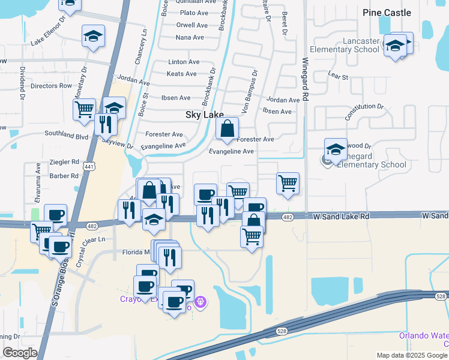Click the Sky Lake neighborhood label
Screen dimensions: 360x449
(x=204, y=114)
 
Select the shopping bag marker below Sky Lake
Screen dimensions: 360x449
(x=228, y=128)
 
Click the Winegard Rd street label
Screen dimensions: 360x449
(x=305, y=79)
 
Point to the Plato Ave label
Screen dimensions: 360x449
(x=193, y=13)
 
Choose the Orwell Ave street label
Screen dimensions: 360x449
(x=192, y=25)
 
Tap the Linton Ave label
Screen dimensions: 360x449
(x=184, y=62)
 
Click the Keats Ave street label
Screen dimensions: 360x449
(x=181, y=74)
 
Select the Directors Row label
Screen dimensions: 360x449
(x=51, y=86)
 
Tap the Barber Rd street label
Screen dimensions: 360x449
(x=64, y=176)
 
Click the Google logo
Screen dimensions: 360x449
(x=20, y=353)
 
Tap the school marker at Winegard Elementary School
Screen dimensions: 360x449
(x=336, y=149)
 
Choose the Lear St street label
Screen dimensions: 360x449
(x=339, y=77)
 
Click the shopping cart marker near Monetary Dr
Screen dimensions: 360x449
(x=84, y=109)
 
